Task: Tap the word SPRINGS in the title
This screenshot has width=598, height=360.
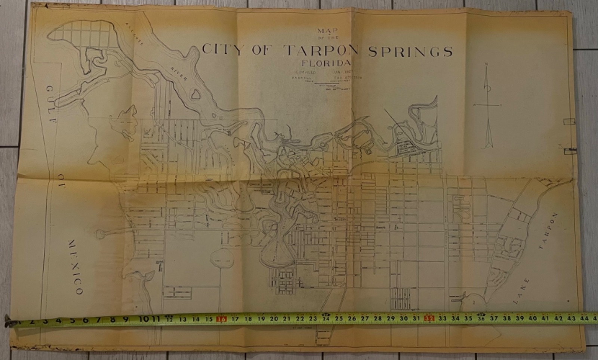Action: (x=410, y=52)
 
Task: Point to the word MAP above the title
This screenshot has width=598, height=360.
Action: (x=327, y=31)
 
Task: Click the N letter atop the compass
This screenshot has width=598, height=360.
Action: (x=486, y=65)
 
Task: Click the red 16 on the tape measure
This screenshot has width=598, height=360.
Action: (x=222, y=319)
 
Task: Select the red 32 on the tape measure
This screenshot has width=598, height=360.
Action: (x=429, y=319)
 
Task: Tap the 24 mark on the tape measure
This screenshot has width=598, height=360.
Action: (x=326, y=318)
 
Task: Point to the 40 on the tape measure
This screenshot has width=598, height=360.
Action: (x=533, y=318)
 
